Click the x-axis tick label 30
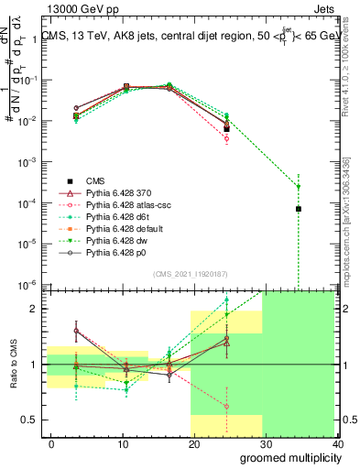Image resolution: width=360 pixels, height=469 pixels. tap(263, 444)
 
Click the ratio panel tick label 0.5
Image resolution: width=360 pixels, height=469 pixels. tap(31, 420)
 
